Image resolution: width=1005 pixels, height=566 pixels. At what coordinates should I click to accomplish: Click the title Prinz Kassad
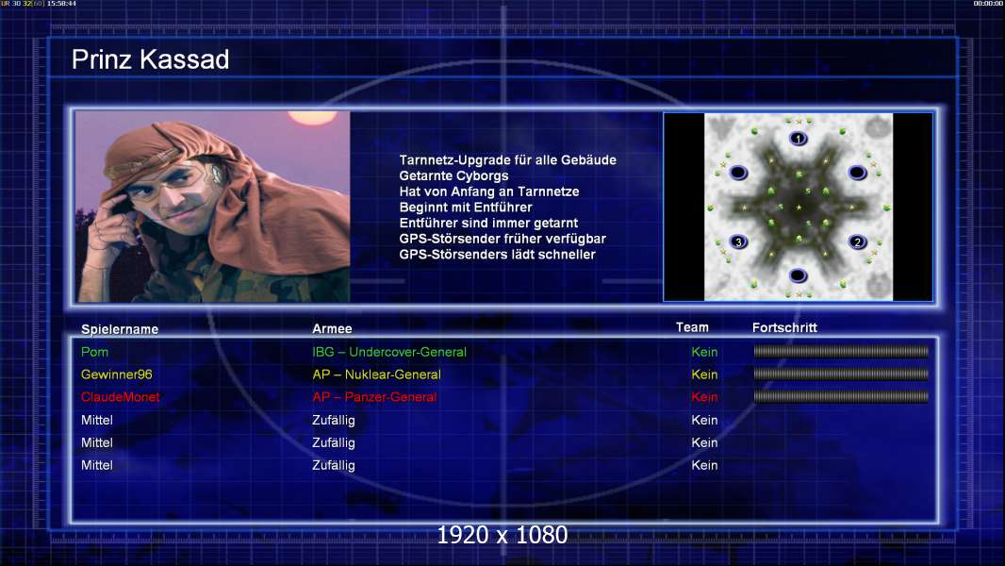(x=150, y=59)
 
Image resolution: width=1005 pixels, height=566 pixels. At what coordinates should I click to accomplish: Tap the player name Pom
(x=94, y=352)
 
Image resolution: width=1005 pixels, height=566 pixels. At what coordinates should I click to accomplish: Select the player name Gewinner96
(x=117, y=375)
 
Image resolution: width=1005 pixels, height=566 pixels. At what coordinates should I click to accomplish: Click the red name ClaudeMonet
(x=120, y=397)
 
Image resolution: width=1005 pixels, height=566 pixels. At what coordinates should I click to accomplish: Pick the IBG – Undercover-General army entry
(x=389, y=352)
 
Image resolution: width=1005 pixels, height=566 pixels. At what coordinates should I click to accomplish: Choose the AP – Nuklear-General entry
(x=376, y=375)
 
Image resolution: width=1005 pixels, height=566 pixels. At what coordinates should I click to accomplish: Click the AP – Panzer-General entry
(x=374, y=397)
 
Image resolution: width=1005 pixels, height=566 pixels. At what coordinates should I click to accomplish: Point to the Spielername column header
(x=120, y=329)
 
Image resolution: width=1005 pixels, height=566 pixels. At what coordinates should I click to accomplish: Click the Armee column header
(x=332, y=329)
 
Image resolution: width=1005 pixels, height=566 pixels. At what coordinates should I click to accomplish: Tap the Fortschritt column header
(x=784, y=327)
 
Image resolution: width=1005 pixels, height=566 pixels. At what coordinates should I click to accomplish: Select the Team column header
(x=692, y=327)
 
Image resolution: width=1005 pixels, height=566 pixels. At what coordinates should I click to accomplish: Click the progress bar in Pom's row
(x=841, y=351)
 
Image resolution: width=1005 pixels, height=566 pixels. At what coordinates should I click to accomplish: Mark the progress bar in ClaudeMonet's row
(x=841, y=397)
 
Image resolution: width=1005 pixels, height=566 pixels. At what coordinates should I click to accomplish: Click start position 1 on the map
(x=798, y=139)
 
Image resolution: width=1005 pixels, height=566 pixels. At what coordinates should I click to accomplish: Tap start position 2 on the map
(x=858, y=241)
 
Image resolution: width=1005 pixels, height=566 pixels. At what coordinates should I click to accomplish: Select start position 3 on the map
(x=738, y=241)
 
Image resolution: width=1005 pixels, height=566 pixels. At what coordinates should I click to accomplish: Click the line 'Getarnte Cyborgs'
(x=453, y=176)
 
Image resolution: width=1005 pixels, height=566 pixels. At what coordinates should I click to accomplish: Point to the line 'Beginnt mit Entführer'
(x=466, y=208)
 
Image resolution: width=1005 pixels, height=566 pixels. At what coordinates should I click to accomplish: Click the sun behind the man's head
(x=312, y=117)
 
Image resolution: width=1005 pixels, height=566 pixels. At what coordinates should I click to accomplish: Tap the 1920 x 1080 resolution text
(x=502, y=535)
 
